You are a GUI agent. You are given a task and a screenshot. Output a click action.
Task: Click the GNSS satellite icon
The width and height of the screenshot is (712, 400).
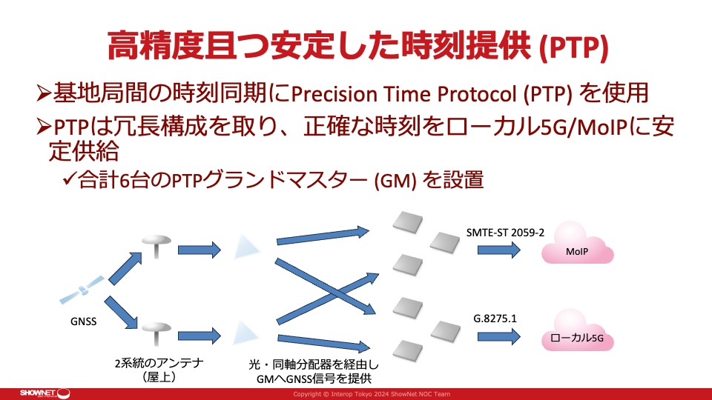(82, 290)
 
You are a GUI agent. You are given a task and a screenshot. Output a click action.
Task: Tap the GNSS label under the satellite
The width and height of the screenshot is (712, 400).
(84, 321)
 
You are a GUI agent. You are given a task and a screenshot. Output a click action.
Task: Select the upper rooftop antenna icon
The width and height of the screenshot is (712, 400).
(156, 246)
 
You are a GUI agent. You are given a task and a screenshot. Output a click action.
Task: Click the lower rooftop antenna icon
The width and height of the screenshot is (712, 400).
(156, 333)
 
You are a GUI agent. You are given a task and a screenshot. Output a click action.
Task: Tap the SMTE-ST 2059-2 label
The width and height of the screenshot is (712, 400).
(505, 233)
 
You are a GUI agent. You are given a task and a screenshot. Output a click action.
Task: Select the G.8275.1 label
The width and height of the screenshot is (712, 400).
(495, 319)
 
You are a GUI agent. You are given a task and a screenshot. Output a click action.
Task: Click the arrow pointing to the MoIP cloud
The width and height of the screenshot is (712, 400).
(498, 250)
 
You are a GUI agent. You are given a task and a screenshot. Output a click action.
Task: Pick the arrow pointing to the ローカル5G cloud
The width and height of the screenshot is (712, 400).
(498, 336)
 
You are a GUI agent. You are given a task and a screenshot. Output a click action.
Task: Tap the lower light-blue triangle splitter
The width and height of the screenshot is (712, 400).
(245, 333)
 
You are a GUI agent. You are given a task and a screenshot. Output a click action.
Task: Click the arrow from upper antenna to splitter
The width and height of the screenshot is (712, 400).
(200, 250)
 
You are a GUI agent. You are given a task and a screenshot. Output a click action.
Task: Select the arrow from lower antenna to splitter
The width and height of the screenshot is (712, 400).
(200, 336)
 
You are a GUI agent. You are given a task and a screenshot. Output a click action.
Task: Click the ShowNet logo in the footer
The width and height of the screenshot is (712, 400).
(44, 393)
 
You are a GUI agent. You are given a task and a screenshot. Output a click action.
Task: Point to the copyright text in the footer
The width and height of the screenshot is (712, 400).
(372, 394)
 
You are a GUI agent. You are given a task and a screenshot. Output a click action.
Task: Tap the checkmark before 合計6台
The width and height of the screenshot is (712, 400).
(69, 179)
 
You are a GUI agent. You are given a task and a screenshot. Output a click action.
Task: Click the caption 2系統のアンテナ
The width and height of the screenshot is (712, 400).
(159, 363)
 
